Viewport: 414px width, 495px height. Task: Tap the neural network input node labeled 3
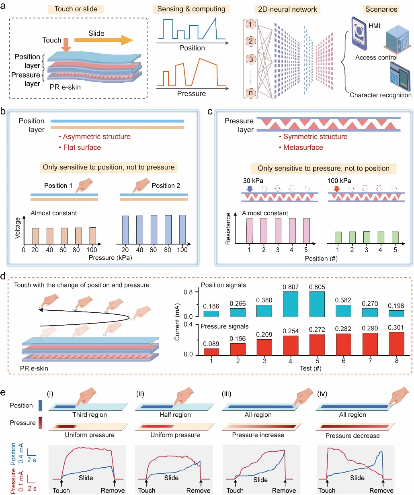tap(251, 59)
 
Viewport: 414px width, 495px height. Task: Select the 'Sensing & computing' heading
tap(191, 9)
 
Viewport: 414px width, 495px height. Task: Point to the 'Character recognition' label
tap(380, 95)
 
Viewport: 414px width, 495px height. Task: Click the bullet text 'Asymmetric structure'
tap(96, 136)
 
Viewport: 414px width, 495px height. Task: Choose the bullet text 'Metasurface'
tap(303, 147)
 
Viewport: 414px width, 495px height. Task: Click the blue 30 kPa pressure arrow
tap(250, 188)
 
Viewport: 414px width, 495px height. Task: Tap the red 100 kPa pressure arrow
tap(336, 188)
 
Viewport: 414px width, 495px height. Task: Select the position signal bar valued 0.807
tap(290, 304)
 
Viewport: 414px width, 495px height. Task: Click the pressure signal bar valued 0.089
tap(211, 352)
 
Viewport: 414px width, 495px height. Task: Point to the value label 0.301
tap(396, 328)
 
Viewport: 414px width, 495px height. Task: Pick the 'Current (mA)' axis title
tap(177, 322)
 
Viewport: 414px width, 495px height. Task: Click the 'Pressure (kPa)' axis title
tap(110, 258)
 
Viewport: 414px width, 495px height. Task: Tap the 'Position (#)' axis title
tap(321, 259)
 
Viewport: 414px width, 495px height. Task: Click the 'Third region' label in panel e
tap(90, 415)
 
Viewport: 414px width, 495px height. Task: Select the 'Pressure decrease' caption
tap(353, 436)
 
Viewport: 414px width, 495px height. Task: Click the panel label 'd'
tap(3, 276)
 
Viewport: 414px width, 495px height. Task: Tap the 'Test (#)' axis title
tap(310, 368)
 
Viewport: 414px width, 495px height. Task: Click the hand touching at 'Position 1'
tap(84, 184)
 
